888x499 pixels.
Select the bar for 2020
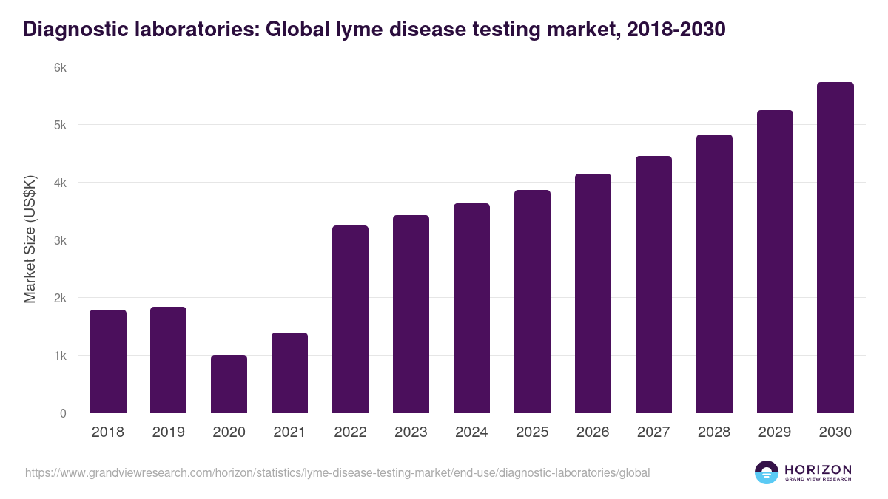point(229,384)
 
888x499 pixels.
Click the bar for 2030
point(835,248)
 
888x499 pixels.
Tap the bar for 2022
point(350,319)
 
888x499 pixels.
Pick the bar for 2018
point(108,361)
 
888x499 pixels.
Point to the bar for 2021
point(289,373)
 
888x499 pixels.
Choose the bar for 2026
point(593,293)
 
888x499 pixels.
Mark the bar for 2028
point(714,274)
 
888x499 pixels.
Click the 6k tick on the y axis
point(60,67)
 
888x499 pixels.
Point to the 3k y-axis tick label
point(60,240)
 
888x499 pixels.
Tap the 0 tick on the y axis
point(63,413)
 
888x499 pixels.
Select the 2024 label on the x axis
point(471,432)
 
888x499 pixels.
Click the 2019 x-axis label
point(169,432)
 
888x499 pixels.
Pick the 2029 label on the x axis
point(775,432)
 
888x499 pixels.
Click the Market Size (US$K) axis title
point(30,240)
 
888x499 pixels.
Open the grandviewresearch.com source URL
point(337,472)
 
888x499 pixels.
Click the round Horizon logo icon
point(767,472)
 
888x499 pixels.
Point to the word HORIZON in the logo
point(818,469)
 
